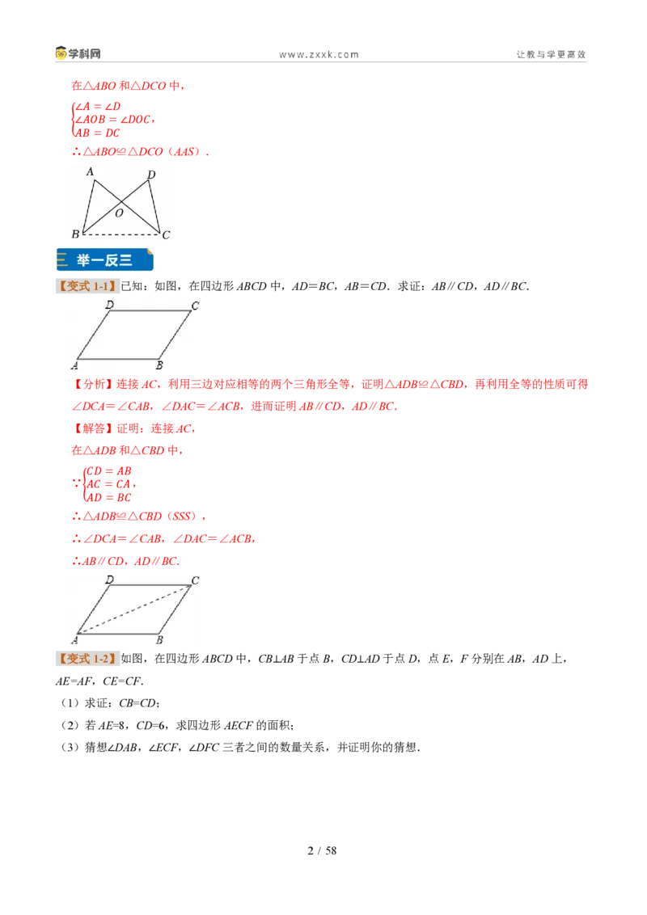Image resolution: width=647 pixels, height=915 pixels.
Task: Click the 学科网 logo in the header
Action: pos(78,53)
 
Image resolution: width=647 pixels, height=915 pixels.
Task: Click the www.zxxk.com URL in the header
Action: pos(319,55)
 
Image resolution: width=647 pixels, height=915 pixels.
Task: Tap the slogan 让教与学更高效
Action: pos(551,54)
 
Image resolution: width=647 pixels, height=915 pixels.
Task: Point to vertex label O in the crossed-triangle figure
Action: pos(119,213)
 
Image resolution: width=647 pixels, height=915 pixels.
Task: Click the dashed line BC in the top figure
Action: pos(121,234)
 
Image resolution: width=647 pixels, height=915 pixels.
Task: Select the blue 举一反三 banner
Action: pos(105,259)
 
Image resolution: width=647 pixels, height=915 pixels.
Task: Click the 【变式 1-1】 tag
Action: pos(87,286)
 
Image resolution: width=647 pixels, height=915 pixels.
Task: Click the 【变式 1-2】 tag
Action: pos(87,659)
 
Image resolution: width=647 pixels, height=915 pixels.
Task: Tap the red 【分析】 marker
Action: pos(91,384)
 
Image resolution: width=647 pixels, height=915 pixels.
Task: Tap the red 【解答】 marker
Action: pos(91,429)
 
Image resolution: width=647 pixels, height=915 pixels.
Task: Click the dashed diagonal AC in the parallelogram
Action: pos(133,609)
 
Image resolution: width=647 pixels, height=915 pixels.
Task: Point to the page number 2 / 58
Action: pos(322,851)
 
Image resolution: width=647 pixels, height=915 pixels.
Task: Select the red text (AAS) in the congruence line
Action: pos(184,152)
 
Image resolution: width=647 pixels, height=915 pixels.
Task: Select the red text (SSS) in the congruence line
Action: pos(182,517)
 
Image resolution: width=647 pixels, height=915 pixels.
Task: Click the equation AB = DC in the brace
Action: pos(98,133)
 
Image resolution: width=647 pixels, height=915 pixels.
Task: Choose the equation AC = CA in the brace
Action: pos(108,484)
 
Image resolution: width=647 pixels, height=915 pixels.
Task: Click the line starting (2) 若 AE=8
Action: pos(177,725)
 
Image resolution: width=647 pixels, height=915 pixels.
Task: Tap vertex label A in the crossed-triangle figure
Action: pos(89,171)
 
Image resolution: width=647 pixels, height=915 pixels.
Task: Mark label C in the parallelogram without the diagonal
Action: pos(195,306)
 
